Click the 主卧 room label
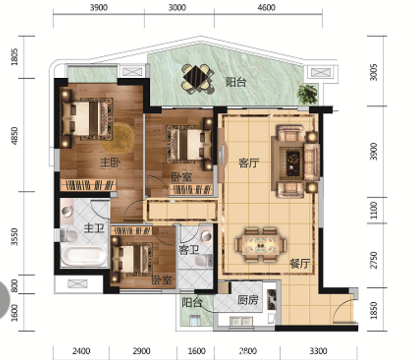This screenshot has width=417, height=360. [110, 163]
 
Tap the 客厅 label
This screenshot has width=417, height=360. [248, 163]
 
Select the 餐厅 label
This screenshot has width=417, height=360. [299, 263]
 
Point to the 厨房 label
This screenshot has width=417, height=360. [248, 300]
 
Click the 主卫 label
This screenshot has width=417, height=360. [94, 229]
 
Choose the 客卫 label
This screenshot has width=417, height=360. [189, 250]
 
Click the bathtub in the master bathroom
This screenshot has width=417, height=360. [84, 255]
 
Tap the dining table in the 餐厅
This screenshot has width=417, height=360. [261, 245]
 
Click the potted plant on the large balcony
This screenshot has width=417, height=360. [308, 94]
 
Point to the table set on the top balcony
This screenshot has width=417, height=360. [197, 79]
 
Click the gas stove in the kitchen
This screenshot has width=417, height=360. [272, 300]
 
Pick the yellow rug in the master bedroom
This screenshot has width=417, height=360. [118, 138]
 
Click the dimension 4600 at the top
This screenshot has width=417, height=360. [267, 7]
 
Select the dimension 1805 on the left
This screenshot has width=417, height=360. [14, 57]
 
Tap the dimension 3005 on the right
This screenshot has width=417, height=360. [374, 72]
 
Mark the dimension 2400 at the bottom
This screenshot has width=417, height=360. [81, 351]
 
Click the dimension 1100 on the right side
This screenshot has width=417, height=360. [374, 210]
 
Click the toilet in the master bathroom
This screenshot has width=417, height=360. [69, 236]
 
